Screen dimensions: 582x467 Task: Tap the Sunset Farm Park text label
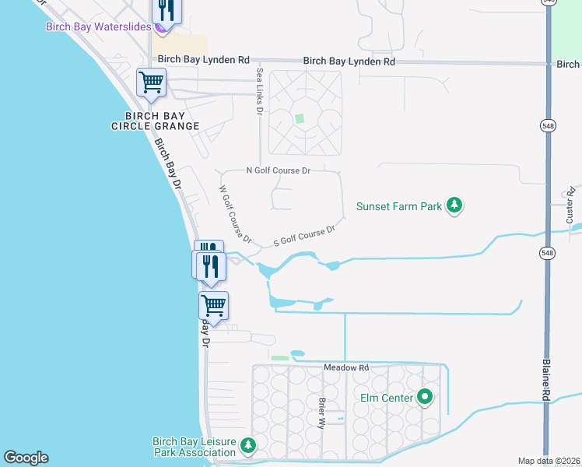point(398,206)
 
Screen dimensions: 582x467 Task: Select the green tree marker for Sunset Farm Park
point(455,206)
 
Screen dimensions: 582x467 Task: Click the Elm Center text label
point(386,398)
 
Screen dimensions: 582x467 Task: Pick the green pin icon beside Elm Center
point(424,398)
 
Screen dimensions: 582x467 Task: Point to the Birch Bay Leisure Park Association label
point(194,447)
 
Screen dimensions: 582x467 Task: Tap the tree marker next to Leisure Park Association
point(247,446)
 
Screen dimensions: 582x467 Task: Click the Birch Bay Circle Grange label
point(155,121)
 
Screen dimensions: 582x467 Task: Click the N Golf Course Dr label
point(278,170)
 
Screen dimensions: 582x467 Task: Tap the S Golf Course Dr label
point(304,237)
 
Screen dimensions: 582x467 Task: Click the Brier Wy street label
point(321,413)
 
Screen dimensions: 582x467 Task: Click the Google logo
point(26,458)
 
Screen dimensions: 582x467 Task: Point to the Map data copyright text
point(549,461)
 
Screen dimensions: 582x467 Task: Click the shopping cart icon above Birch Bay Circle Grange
point(151,82)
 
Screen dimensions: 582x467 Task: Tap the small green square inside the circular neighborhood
point(300,119)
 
